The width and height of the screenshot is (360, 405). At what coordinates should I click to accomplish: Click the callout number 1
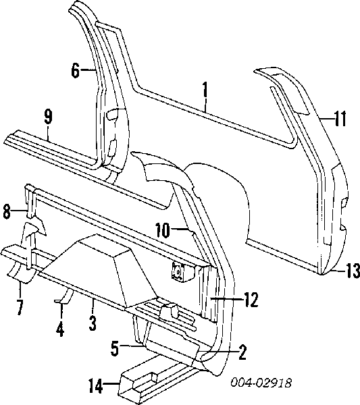205,90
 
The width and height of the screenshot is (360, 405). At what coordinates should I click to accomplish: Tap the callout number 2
242,352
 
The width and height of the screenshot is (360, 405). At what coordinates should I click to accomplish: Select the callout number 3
93,323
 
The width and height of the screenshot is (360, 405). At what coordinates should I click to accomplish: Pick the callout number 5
115,348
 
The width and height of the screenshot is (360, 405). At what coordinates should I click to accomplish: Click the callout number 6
75,70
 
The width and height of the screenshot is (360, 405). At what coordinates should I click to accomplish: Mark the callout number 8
7,211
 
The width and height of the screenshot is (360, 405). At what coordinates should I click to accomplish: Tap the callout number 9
48,116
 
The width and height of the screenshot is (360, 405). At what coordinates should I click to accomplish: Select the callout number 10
163,230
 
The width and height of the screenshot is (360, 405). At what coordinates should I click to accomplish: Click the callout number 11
340,119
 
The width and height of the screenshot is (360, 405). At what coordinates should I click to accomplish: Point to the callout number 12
251,300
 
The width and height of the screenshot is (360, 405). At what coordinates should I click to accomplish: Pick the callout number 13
353,271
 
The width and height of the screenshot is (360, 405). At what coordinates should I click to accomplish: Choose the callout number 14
96,385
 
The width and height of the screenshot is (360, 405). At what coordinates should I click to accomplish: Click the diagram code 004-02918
261,383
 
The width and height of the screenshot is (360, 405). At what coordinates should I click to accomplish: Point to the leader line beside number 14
111,385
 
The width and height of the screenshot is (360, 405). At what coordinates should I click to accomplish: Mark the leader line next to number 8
20,211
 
